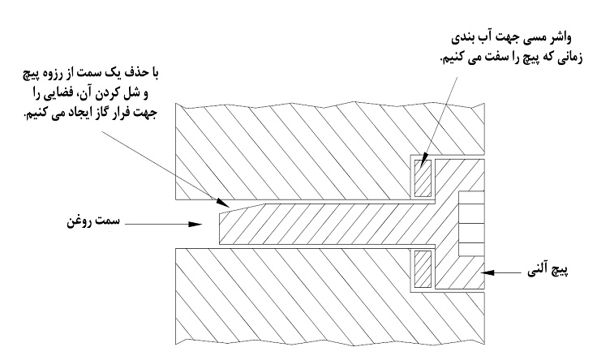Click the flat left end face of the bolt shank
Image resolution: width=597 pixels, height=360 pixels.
click(x=221, y=224)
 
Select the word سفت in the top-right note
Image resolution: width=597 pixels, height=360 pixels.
click(x=480, y=59)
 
